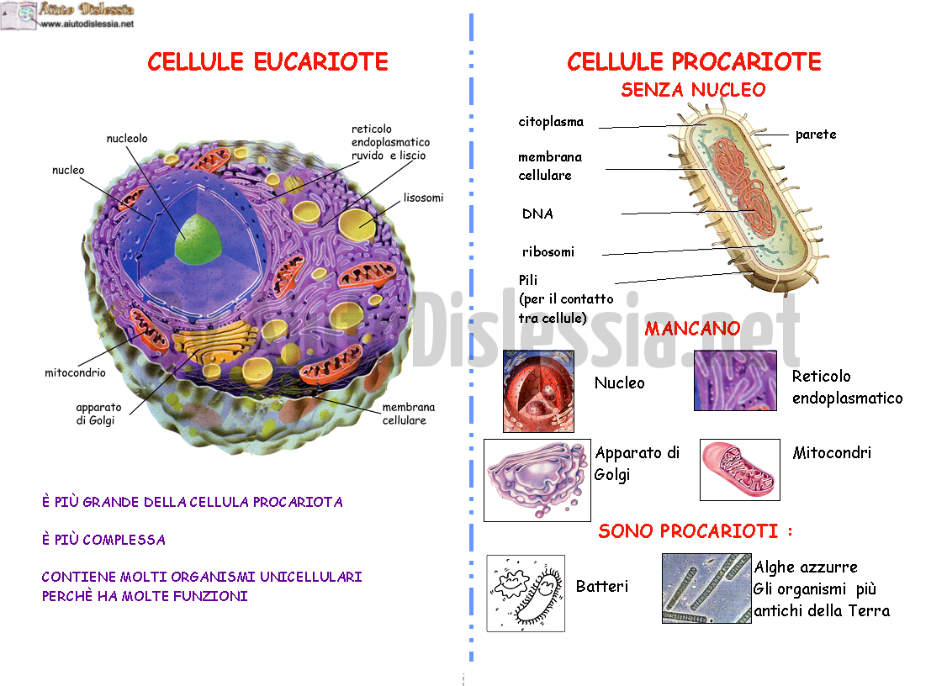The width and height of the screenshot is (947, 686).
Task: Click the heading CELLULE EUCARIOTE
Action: (267, 61)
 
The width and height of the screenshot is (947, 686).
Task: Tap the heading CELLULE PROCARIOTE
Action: (694, 61)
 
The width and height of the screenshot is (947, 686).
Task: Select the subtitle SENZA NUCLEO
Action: (693, 90)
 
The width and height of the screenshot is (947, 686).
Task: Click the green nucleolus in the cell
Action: (198, 239)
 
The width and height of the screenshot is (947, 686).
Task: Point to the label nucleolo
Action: (127, 138)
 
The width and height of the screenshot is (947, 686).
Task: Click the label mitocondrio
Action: (75, 372)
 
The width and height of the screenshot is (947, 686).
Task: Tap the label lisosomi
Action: (423, 198)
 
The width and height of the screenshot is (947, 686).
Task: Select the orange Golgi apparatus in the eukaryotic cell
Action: (214, 342)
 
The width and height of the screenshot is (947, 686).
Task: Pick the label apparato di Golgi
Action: (98, 414)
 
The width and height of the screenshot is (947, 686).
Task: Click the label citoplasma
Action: (551, 121)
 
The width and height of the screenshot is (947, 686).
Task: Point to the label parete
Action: (816, 134)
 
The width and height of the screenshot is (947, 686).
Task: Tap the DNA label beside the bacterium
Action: (537, 214)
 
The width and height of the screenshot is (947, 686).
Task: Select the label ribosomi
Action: (548, 252)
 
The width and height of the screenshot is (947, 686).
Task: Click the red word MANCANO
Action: (692, 329)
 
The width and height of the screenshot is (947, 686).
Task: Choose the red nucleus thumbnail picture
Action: (539, 391)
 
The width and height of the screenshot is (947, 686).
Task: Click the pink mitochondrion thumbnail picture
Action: (740, 470)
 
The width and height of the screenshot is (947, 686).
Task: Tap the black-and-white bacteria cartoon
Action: (526, 593)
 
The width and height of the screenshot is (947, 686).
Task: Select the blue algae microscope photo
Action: (706, 588)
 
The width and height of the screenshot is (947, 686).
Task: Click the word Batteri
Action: (602, 586)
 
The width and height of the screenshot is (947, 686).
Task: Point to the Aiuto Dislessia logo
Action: (67, 15)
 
